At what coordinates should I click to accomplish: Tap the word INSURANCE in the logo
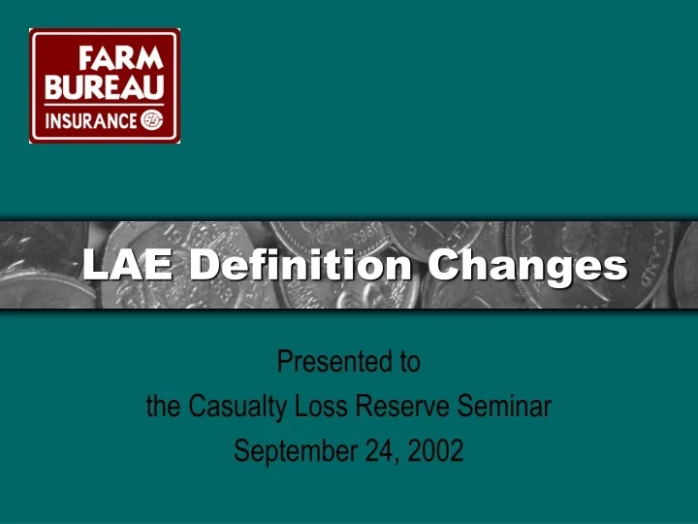(91, 120)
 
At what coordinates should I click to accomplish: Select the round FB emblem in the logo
(152, 120)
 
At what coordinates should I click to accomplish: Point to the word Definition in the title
(301, 264)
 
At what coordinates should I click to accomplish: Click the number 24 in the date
(378, 451)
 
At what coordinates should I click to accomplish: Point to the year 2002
(435, 451)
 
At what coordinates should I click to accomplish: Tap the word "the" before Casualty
(162, 407)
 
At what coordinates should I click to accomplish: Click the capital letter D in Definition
(204, 264)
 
